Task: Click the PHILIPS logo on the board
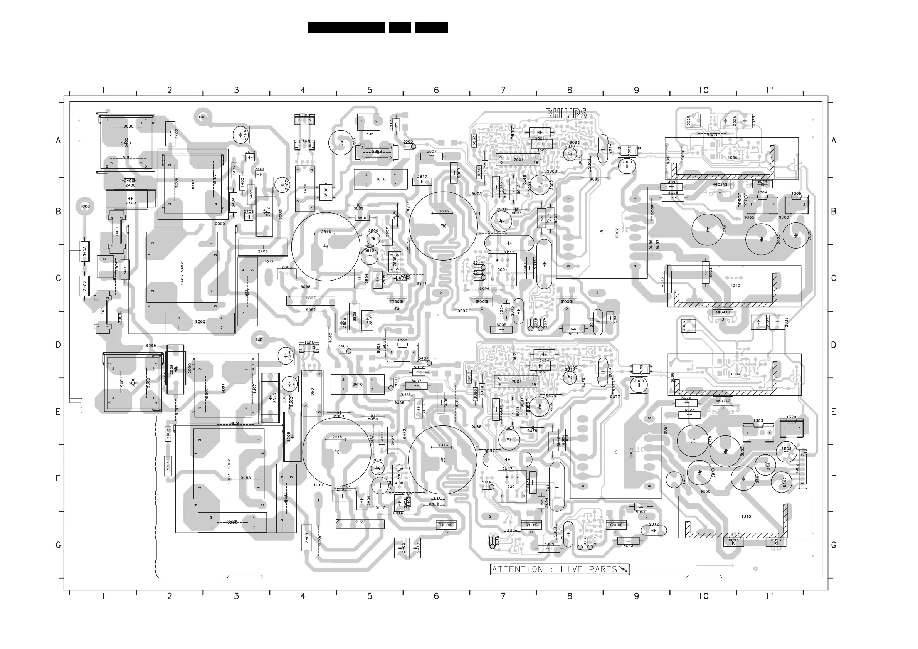coord(566,114)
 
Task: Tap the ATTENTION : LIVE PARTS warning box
coord(559,569)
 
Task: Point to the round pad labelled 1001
coord(203,117)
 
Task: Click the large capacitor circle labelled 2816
coord(443,226)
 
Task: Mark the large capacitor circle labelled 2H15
coord(337,451)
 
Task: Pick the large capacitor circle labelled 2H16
coord(442,459)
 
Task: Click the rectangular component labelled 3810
coord(380,179)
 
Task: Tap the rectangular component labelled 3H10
coord(357,384)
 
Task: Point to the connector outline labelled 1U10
coord(745,517)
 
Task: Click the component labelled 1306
coord(369,124)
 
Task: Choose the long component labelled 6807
coord(310,300)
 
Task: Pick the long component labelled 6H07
coord(360,523)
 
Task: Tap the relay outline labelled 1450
coord(305,189)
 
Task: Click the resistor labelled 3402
coord(85,286)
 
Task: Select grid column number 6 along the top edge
coord(436,90)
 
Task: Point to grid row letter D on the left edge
coord(58,345)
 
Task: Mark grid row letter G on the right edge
coord(833,545)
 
